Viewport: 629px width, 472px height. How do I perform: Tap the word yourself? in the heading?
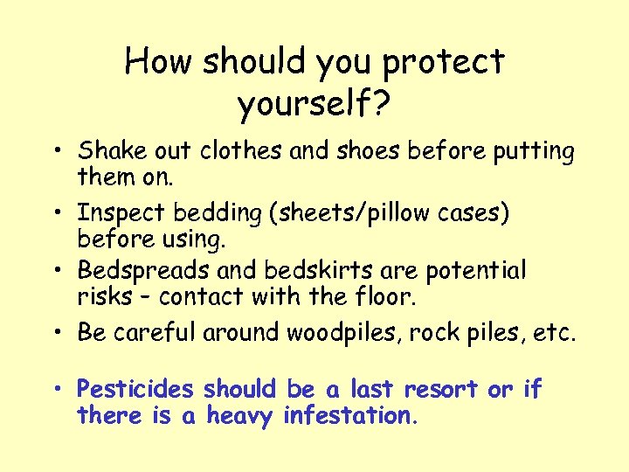(314, 105)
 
